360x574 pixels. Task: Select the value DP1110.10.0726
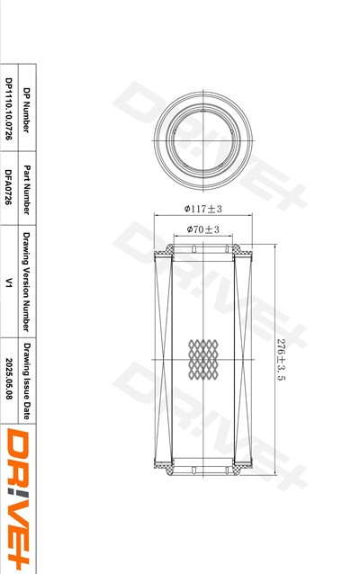pyautogui.click(x=8, y=109)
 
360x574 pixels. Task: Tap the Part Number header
pyautogui.click(x=26, y=190)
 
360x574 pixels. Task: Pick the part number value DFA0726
pyautogui.click(x=8, y=187)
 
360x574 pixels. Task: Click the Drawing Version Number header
pyautogui.click(x=26, y=282)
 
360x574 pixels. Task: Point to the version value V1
pyautogui.click(x=8, y=283)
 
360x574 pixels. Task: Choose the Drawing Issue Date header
pyautogui.click(x=26, y=381)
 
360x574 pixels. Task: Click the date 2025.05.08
pyautogui.click(x=8, y=380)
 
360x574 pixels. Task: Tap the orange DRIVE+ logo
pyautogui.click(x=18, y=498)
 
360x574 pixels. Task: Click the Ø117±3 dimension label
pyautogui.click(x=202, y=209)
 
